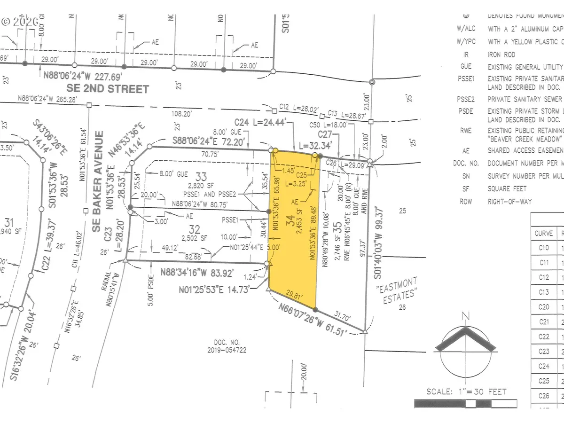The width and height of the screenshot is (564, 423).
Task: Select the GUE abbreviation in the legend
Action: (x=466, y=67)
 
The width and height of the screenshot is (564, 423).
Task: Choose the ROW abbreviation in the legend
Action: (x=467, y=201)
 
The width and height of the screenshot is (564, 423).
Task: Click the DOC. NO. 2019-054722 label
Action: (x=227, y=347)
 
